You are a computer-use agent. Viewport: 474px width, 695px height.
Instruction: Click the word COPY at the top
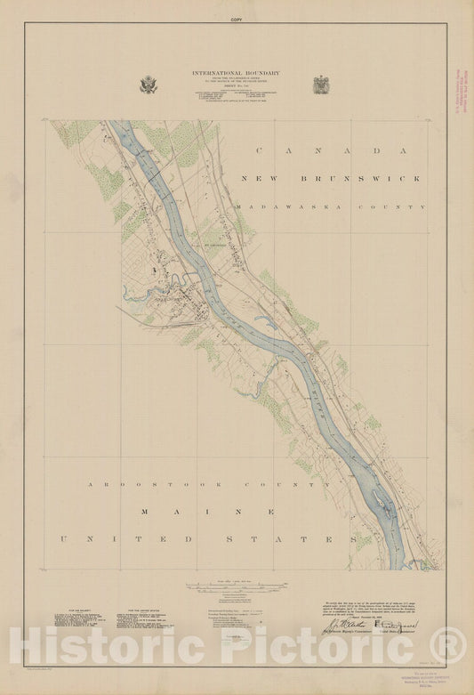pyautogui.click(x=237, y=19)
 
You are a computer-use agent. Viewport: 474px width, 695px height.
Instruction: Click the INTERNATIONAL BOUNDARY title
pyautogui.click(x=236, y=73)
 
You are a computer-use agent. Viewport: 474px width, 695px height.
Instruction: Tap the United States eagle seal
pyautogui.click(x=148, y=85)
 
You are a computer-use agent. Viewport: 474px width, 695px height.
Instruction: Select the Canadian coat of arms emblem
pyautogui.click(x=321, y=85)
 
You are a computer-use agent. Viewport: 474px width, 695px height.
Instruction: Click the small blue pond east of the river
pyautogui.click(x=263, y=319)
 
